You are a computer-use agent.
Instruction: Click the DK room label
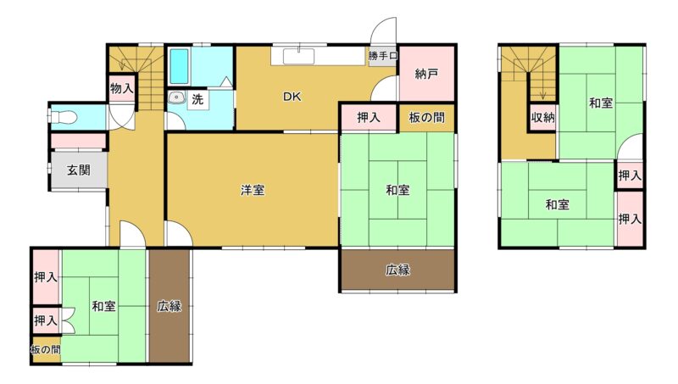[292, 97]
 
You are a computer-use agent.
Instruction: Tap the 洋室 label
[253, 190]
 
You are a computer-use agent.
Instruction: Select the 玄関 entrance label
[79, 170]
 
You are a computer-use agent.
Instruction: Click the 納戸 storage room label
[426, 74]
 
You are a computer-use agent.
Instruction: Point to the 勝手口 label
[383, 56]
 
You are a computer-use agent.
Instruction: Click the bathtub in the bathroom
[179, 66]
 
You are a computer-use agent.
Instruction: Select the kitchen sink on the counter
[299, 57]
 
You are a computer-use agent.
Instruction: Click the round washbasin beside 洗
[176, 97]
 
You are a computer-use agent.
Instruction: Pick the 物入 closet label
[122, 89]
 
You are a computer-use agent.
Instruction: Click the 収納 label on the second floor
[542, 117]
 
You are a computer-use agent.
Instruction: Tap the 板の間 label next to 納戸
[426, 117]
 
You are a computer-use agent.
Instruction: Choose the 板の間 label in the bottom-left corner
[46, 349]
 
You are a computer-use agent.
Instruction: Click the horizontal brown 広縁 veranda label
[397, 270]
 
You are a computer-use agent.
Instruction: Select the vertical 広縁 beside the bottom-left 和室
[169, 306]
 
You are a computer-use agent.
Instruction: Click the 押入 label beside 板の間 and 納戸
[369, 117]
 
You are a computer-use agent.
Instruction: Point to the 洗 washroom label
[197, 99]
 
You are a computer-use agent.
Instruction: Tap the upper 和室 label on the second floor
[601, 103]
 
